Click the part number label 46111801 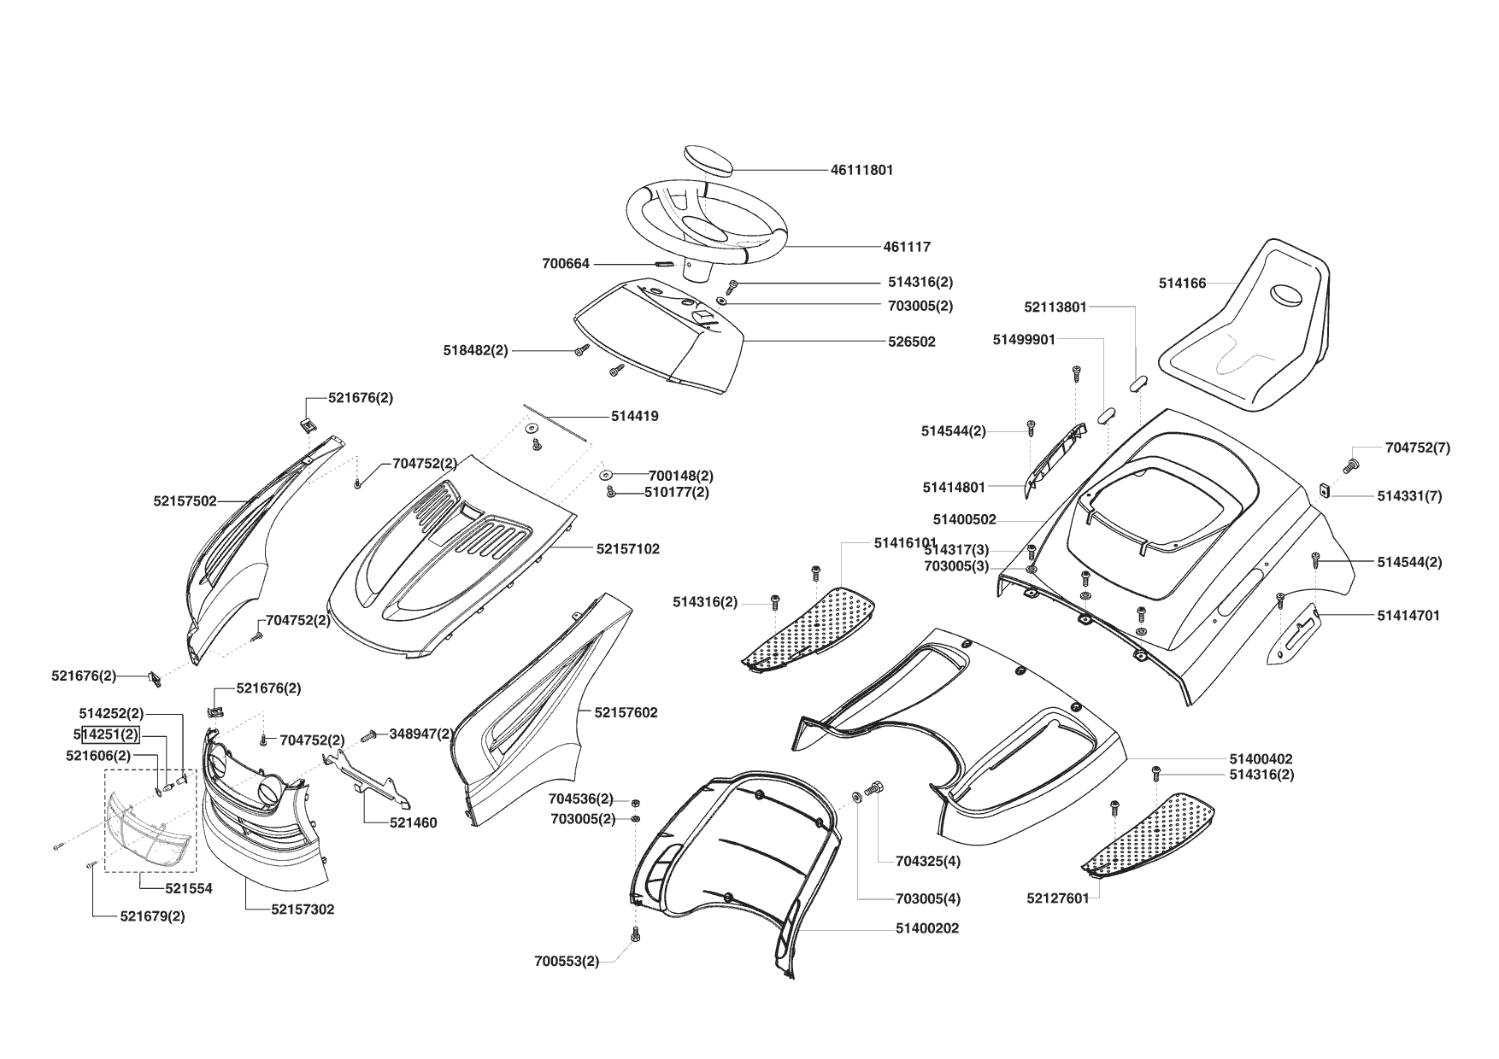click(x=861, y=170)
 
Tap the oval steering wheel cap click(x=708, y=161)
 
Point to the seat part click(x=1248, y=329)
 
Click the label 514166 click(x=1182, y=284)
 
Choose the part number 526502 click(x=911, y=342)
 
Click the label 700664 click(x=566, y=264)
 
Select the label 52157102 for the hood click(x=628, y=549)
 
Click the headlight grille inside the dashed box click(x=147, y=827)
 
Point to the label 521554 click(x=189, y=888)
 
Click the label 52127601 click(x=1058, y=898)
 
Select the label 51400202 click(x=927, y=928)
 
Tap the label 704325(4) click(x=928, y=861)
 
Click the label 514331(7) click(x=1409, y=496)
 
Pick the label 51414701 click(x=1408, y=615)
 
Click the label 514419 click(x=634, y=417)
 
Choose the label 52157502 click(x=185, y=501)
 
